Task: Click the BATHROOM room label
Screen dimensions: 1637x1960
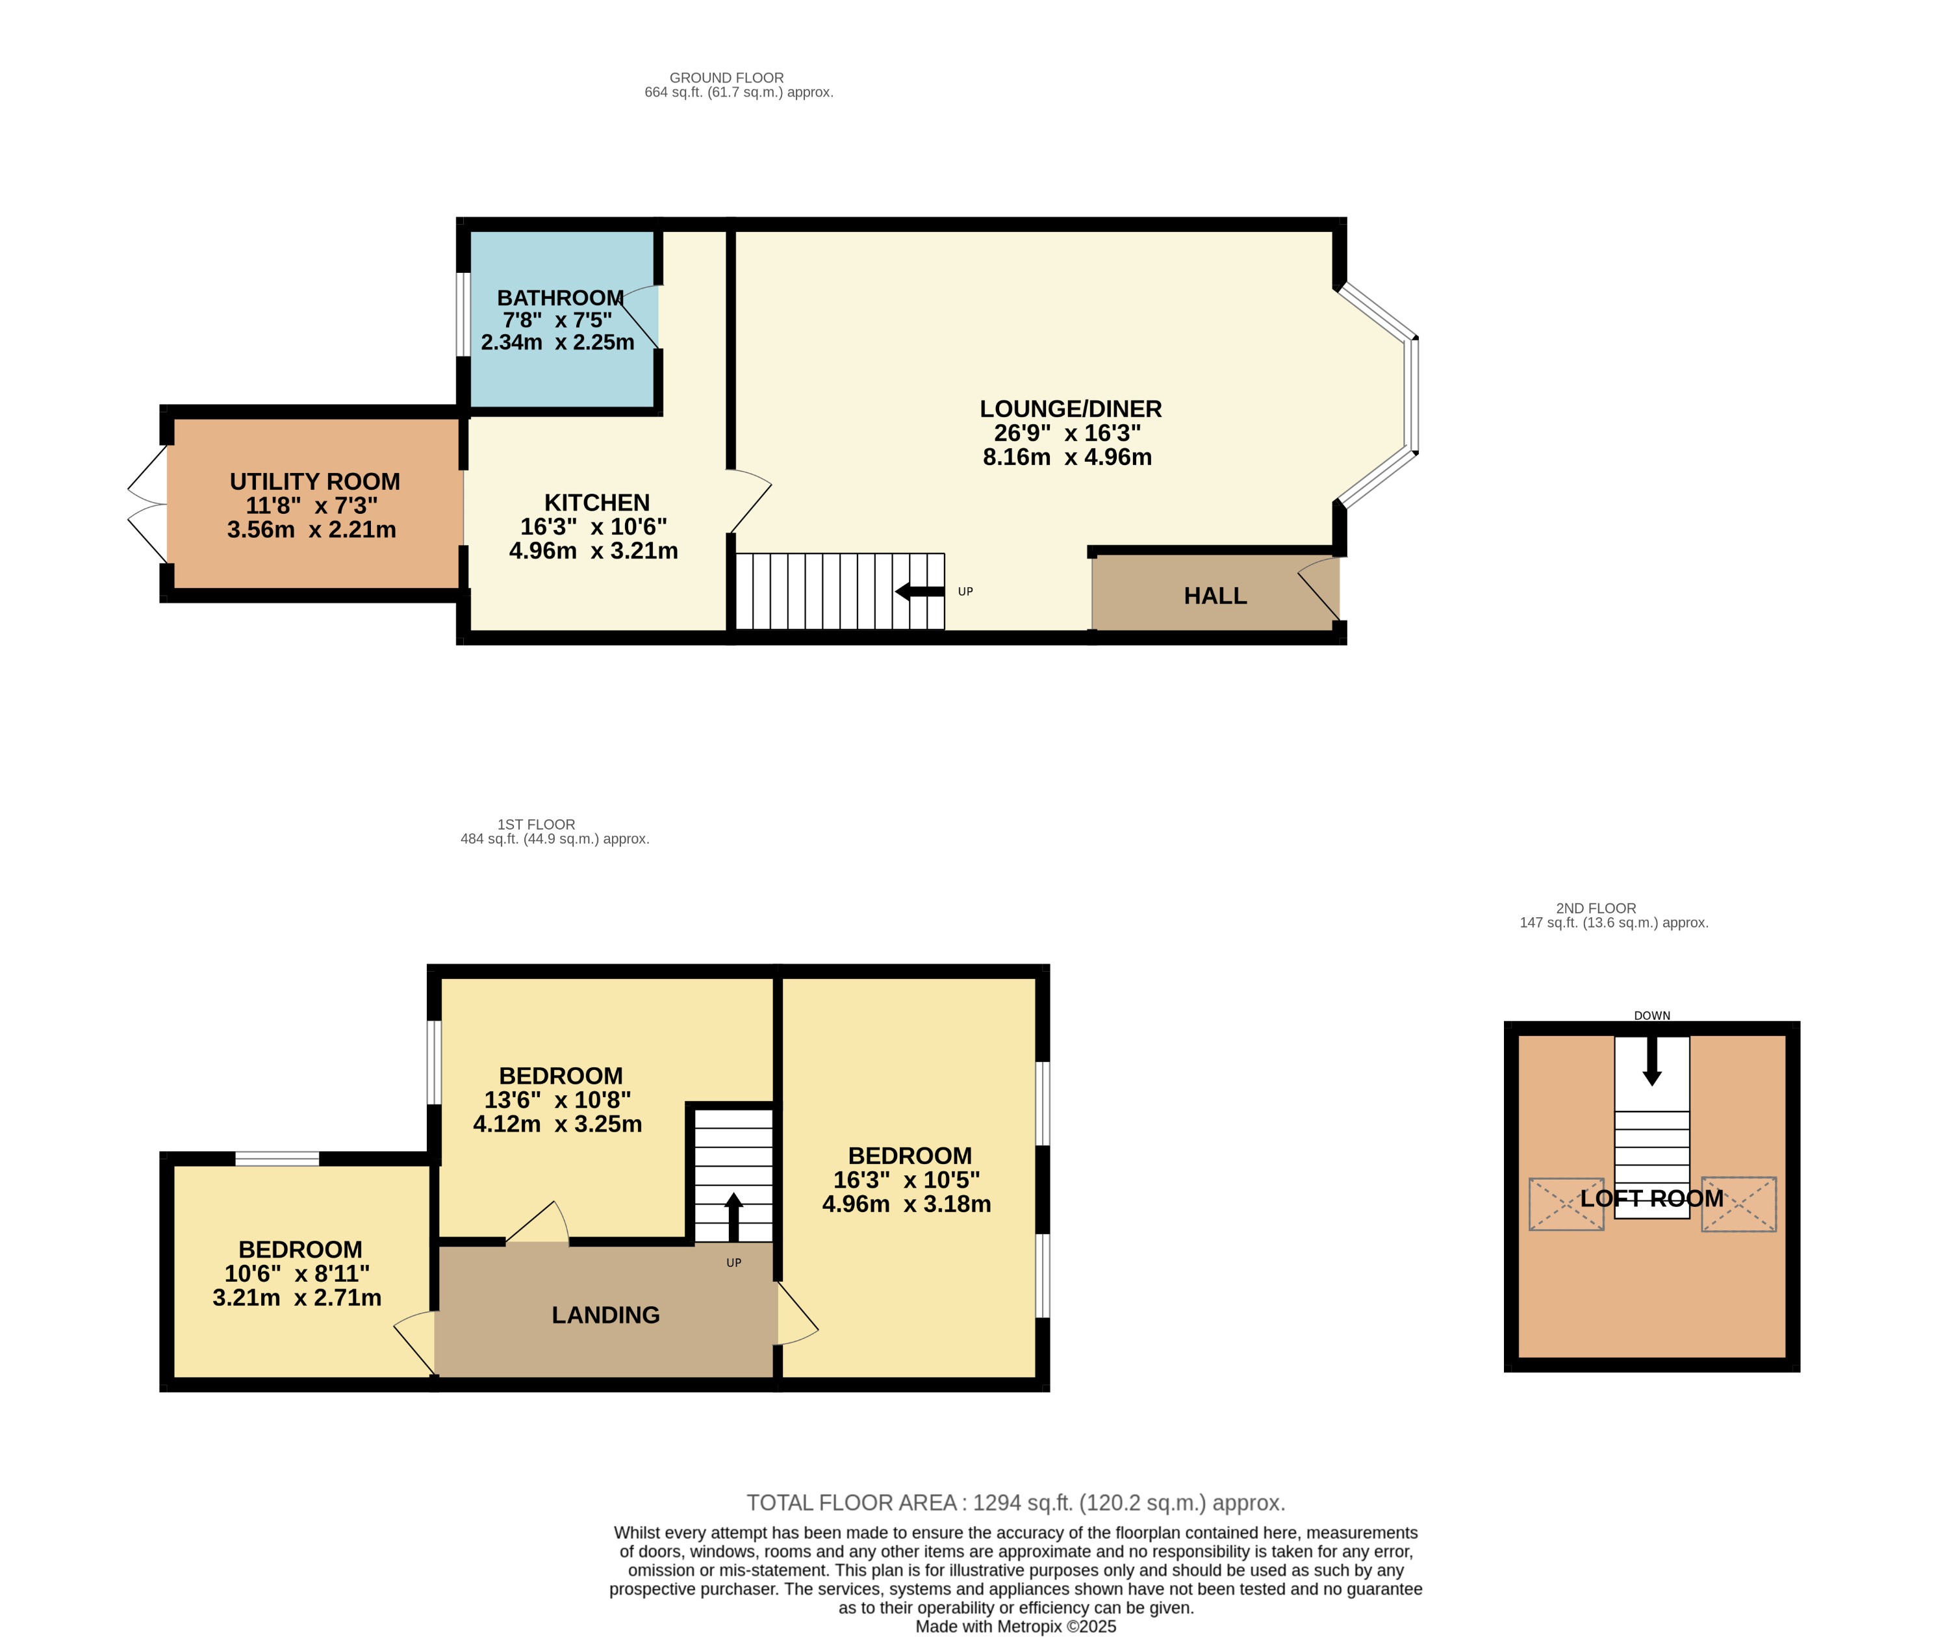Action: click(560, 298)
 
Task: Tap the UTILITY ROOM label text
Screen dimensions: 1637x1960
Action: click(314, 481)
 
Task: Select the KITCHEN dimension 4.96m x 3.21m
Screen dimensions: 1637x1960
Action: click(594, 551)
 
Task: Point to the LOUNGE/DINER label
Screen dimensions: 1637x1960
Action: click(1071, 409)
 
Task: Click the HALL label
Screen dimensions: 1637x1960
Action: click(1215, 596)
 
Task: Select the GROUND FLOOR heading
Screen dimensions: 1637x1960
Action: click(726, 77)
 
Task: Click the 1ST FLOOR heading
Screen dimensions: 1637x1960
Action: click(536, 824)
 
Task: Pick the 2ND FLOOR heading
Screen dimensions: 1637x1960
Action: click(1596, 908)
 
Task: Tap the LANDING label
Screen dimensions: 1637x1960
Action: click(605, 1315)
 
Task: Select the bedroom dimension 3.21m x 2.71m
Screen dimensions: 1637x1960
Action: click(297, 1298)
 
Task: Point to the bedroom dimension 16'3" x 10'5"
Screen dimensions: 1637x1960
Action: click(906, 1180)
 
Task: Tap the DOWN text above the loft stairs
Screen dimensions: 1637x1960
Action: click(1652, 1015)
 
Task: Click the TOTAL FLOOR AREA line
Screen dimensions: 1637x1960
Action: click(1015, 1503)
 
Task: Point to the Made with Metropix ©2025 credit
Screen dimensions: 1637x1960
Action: click(1015, 1627)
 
